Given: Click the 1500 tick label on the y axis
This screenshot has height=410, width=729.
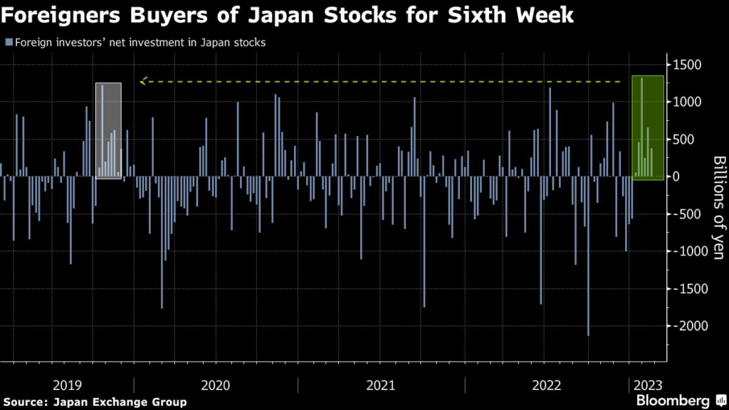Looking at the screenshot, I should point(687,65).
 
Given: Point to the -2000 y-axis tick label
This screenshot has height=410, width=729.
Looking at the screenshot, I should point(685,326).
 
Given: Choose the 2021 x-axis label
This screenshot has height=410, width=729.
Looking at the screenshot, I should point(382,385).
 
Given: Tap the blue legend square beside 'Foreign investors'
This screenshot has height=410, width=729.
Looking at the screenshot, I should point(8,43).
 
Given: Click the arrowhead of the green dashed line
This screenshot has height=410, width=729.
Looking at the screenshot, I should point(143,82).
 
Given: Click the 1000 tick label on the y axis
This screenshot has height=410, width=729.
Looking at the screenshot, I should point(687,102).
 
